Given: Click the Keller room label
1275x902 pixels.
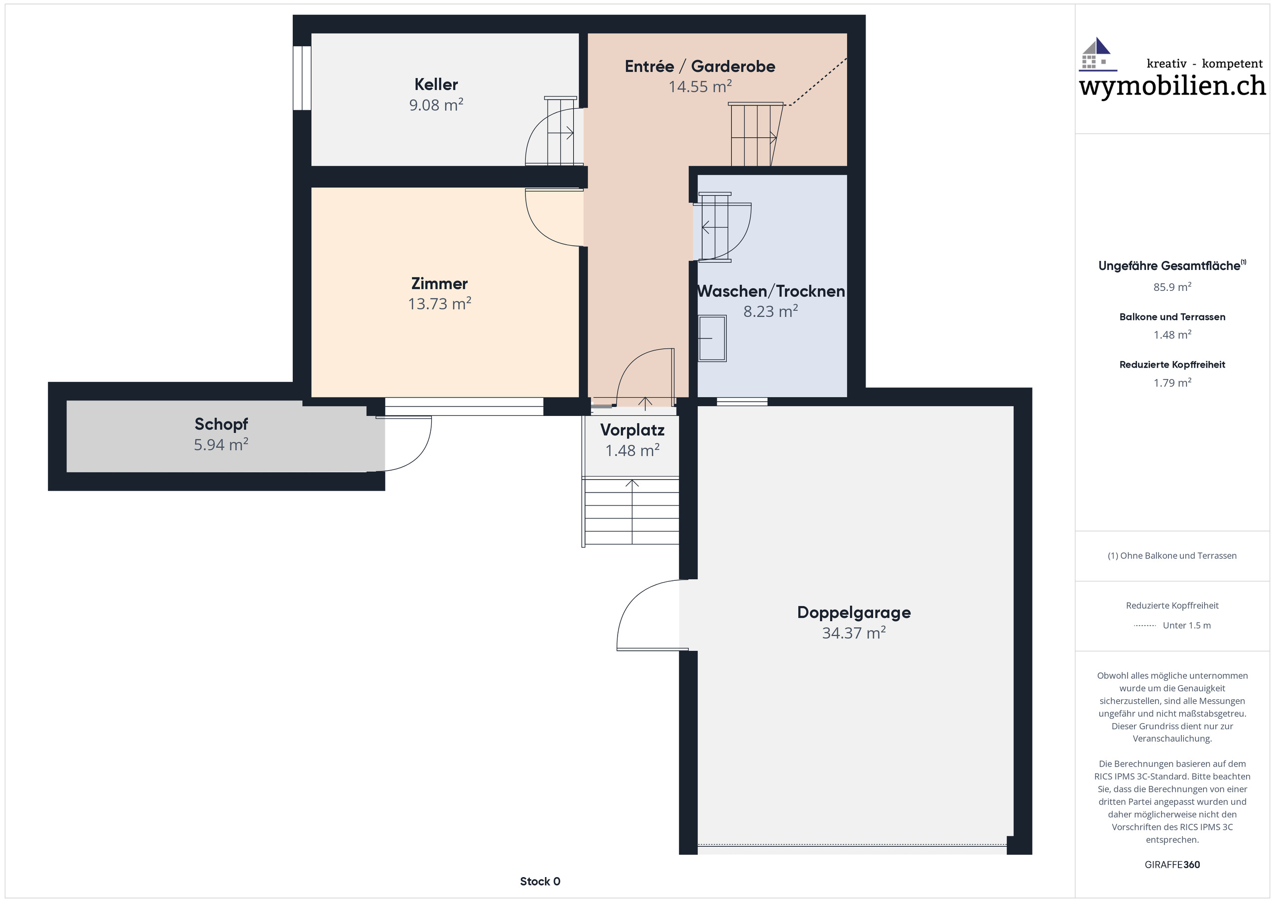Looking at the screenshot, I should click(x=436, y=85).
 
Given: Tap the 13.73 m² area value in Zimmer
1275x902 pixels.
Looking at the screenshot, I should click(x=439, y=304).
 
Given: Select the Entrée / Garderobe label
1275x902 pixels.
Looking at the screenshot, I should click(x=700, y=67).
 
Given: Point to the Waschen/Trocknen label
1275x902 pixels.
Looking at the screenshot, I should click(x=771, y=291).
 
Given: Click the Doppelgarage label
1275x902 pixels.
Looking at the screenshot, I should click(x=854, y=613).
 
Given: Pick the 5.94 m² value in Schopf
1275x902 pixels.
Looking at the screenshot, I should click(x=221, y=445).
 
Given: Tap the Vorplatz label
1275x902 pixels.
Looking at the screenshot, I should click(x=632, y=430).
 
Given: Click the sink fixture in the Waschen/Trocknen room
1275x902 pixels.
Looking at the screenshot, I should click(x=712, y=338).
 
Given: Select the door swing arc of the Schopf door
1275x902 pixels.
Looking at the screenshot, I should click(x=414, y=450).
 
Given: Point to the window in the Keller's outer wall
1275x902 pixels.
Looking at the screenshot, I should click(x=302, y=78).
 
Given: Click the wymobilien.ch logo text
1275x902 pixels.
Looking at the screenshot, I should click(x=1172, y=86).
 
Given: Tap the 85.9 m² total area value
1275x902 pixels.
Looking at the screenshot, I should click(x=1172, y=287).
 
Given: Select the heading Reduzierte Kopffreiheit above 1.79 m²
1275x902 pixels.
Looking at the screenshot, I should click(x=1172, y=365).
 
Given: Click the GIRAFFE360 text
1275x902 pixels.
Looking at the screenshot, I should click(x=1172, y=865).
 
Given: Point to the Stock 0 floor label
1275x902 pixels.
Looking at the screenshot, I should click(x=540, y=882).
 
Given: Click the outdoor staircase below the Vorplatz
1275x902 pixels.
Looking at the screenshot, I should click(x=632, y=512).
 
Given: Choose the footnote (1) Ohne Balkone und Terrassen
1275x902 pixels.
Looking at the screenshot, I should click(x=1172, y=556).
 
